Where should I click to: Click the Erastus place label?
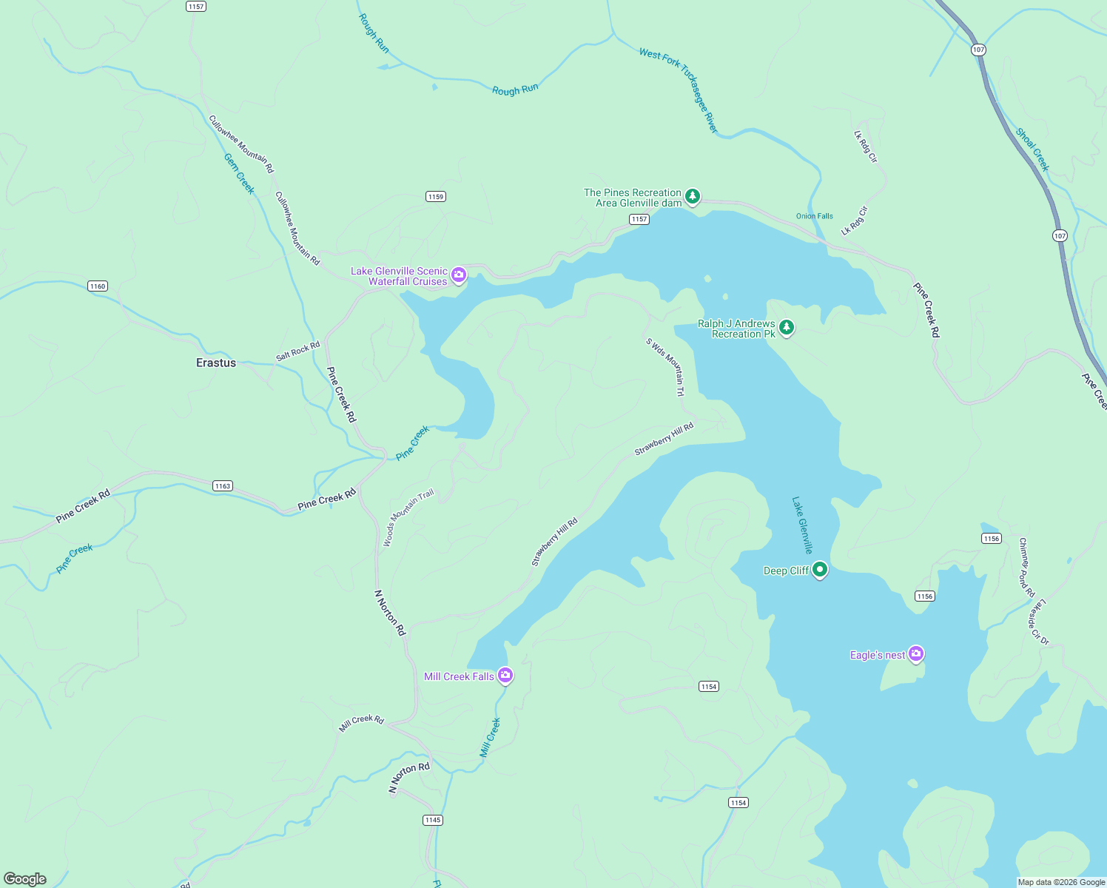coord(216,363)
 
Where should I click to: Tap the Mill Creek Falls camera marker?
coord(505,675)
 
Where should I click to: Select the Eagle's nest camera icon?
coord(916,653)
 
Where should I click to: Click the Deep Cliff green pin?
coord(819,570)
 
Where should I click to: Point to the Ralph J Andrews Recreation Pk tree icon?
coord(787,327)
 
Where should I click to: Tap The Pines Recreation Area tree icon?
coord(692,196)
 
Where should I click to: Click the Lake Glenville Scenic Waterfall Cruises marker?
coord(459,275)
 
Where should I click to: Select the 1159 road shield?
coord(436,196)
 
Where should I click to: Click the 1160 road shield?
coord(98,286)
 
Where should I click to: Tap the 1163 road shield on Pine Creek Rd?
coord(223,485)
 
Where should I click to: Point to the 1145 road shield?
coord(433,819)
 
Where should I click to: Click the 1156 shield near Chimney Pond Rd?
coord(992,538)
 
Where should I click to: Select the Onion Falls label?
coord(814,216)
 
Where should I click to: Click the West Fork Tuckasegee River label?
coord(679,90)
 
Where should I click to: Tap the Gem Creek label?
coord(240,174)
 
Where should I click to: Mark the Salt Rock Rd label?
coord(297,351)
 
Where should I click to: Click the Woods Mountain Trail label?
coord(408,518)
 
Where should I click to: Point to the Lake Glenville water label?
coord(802,525)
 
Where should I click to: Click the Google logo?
coord(24,878)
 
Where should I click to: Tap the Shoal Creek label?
coord(1032,149)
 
